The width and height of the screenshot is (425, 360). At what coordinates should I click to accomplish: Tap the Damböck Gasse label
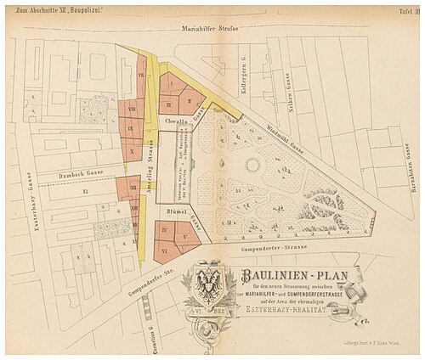(x=81, y=172)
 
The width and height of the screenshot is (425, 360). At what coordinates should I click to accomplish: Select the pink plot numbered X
(x=132, y=150)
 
